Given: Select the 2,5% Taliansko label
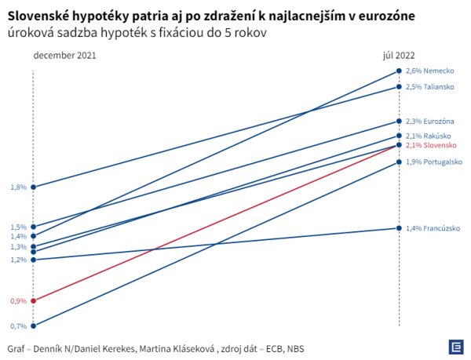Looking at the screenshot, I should (x=428, y=86).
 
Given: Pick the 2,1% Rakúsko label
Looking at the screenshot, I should (x=426, y=136).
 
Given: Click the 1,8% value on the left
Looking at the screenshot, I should (x=19, y=187).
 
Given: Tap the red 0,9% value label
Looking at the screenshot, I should (x=19, y=300).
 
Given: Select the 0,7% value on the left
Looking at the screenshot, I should (x=19, y=326).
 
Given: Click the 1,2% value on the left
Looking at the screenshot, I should (x=19, y=260).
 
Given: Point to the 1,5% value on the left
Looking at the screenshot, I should (x=19, y=227).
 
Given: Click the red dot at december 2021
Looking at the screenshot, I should (x=33, y=300).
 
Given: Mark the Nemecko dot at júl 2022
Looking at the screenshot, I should (x=399, y=71).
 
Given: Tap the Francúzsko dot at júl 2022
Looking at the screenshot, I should (x=399, y=228).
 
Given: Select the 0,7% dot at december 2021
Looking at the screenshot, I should (x=33, y=325).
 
